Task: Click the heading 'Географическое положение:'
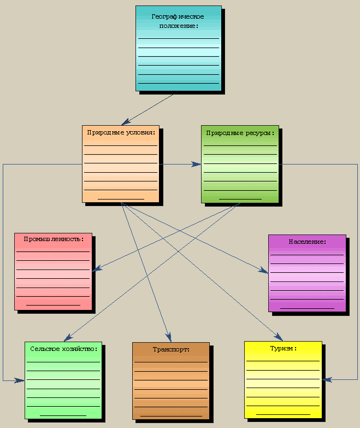[x=178, y=21]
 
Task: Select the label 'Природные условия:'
[x=121, y=132]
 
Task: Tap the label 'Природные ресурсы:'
[x=240, y=132]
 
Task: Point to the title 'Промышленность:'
[x=54, y=239]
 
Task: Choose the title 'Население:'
[x=307, y=241]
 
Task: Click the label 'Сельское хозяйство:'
[x=64, y=348]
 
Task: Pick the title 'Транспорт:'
[x=171, y=349]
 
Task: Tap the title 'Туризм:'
[x=283, y=348]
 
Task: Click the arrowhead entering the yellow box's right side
[x=326, y=378]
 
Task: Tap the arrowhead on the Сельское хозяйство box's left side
[x=21, y=379]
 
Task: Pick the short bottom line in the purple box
[x=307, y=308]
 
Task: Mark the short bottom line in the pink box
[x=54, y=304]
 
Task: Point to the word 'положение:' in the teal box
[x=178, y=26]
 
